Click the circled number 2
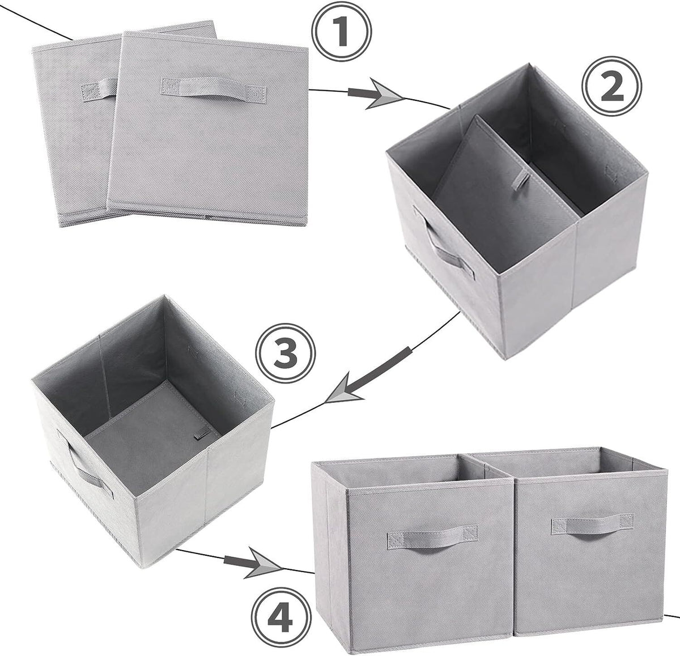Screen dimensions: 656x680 pyautogui.click(x=612, y=88)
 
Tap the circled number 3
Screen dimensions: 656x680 pyautogui.click(x=285, y=354)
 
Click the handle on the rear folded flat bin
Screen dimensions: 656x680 pyautogui.click(x=99, y=90)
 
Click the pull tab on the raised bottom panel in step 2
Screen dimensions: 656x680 pyautogui.click(x=521, y=180)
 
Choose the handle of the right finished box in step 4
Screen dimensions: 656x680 pyautogui.click(x=593, y=524)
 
